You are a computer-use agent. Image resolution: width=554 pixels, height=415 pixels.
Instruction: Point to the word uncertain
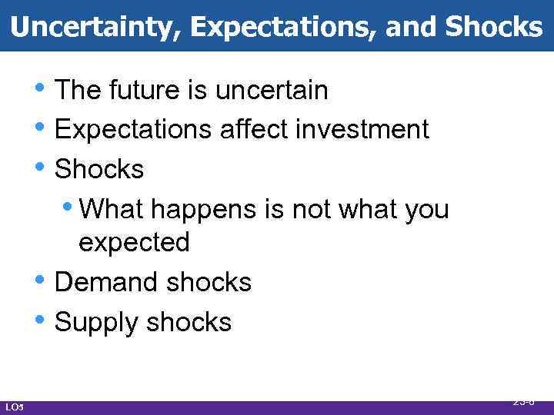pyautogui.click(x=272, y=91)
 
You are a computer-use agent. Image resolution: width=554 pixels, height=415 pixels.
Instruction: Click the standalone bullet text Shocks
pyautogui.click(x=99, y=169)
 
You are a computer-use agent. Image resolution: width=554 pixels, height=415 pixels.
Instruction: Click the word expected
pyautogui.click(x=134, y=243)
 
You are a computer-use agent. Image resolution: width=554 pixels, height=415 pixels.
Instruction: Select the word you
pyautogui.click(x=424, y=210)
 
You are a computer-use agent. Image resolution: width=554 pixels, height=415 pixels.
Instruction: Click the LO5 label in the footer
pyautogui.click(x=14, y=406)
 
